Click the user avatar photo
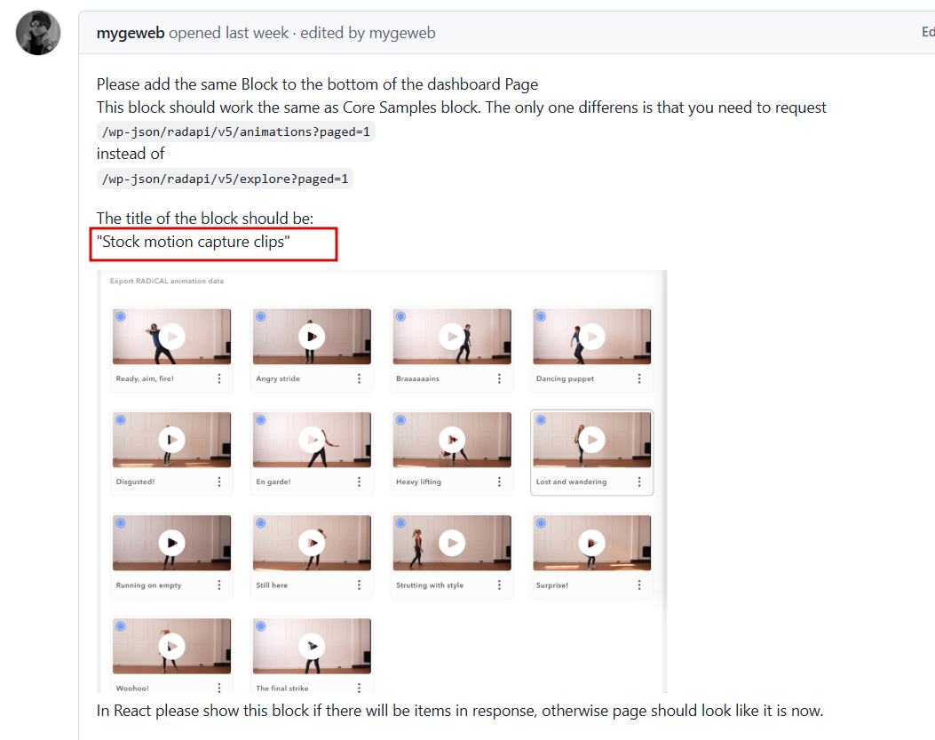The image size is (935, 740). [x=38, y=33]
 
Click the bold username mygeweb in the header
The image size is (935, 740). [x=131, y=33]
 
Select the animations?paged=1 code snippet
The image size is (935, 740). [x=236, y=131]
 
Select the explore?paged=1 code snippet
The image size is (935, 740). [x=226, y=179]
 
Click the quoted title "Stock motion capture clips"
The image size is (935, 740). [x=194, y=242]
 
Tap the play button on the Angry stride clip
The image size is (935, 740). [x=312, y=337]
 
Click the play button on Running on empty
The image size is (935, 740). [x=171, y=543]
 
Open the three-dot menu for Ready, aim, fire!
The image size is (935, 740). [x=219, y=378]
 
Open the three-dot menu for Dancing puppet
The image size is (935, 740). [x=639, y=378]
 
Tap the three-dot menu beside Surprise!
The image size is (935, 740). [x=639, y=585]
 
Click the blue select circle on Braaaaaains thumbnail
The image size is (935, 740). [x=400, y=316]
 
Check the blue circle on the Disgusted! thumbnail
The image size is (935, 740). [x=121, y=419]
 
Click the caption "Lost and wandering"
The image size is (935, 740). [x=571, y=481]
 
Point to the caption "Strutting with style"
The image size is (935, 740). [x=430, y=585]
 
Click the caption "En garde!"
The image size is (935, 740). [x=273, y=481]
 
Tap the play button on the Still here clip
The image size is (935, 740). [x=312, y=543]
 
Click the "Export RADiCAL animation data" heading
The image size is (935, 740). [x=167, y=281]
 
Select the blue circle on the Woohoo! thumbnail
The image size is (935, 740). [x=121, y=626]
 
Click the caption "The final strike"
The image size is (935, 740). [x=282, y=688]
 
